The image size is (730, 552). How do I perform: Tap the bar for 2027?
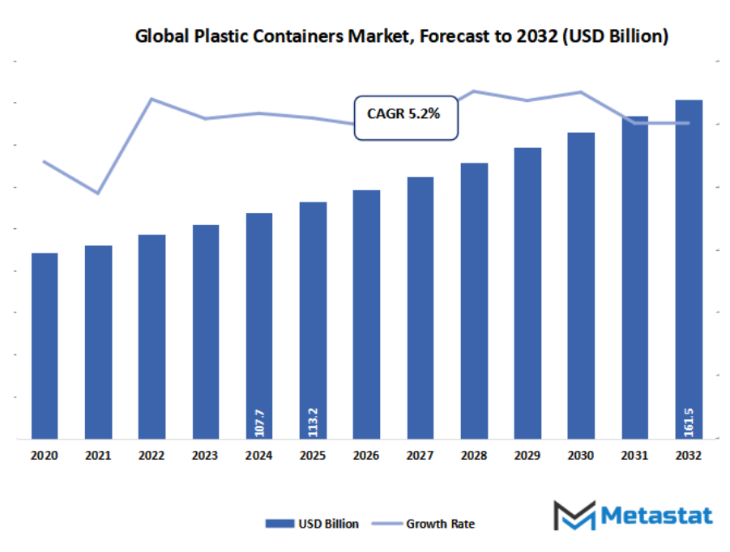[420, 308]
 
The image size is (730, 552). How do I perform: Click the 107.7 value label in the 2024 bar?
[259, 422]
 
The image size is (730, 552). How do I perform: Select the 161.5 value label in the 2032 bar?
[689, 422]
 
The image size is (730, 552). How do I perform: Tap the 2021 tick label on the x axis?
[98, 456]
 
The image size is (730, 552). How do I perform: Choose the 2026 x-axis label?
[366, 456]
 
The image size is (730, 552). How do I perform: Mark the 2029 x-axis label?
[527, 456]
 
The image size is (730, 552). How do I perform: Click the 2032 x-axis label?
[688, 456]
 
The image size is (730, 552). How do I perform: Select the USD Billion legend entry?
[313, 524]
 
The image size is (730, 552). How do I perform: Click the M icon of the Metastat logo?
[574, 516]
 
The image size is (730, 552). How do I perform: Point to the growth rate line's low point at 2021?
[98, 193]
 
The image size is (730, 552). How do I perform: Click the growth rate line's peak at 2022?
[152, 99]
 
